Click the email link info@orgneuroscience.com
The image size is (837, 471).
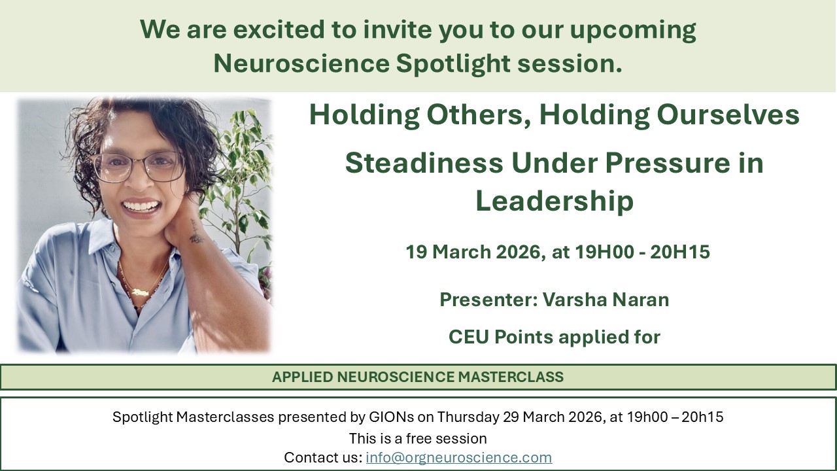pyautogui.click(x=459, y=457)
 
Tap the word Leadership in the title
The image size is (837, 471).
pyautogui.click(x=554, y=201)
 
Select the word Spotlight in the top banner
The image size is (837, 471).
pyautogui.click(x=453, y=63)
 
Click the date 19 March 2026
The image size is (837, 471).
pyautogui.click(x=473, y=252)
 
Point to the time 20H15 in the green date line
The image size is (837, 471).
pyautogui.click(x=680, y=252)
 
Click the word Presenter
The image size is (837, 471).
pyautogui.click(x=488, y=300)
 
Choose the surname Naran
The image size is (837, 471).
pyautogui.click(x=640, y=300)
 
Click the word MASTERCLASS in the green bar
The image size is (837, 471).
pyautogui.click(x=511, y=377)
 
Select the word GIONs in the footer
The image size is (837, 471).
pyautogui.click(x=391, y=417)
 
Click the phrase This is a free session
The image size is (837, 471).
pyautogui.click(x=418, y=438)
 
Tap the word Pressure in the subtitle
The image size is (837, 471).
pyautogui.click(x=668, y=163)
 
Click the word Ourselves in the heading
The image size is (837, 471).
pyautogui.click(x=728, y=114)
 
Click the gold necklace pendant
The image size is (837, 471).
pyautogui.click(x=140, y=292)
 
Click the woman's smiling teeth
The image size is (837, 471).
pyautogui.click(x=141, y=206)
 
